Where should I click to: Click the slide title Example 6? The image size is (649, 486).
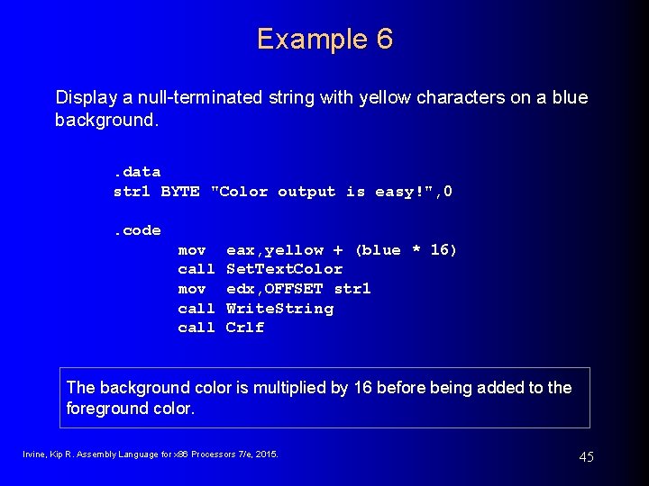[x=324, y=40]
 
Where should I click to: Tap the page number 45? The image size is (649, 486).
[x=586, y=457]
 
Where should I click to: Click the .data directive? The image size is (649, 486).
[x=137, y=171]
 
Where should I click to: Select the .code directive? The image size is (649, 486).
[x=137, y=230]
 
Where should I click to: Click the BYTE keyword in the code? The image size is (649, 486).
[x=180, y=191]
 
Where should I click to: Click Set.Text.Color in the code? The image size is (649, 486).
[x=284, y=269]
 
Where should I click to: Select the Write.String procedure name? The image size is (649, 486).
[x=279, y=309]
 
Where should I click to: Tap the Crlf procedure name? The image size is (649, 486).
[x=245, y=328]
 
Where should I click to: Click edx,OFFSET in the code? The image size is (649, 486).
[x=274, y=289]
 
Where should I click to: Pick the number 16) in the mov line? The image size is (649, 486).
[x=443, y=250]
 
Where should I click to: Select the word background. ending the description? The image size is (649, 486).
[x=107, y=120]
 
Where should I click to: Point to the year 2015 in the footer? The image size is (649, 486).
[x=267, y=454]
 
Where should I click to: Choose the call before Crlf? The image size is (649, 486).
[x=197, y=328]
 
